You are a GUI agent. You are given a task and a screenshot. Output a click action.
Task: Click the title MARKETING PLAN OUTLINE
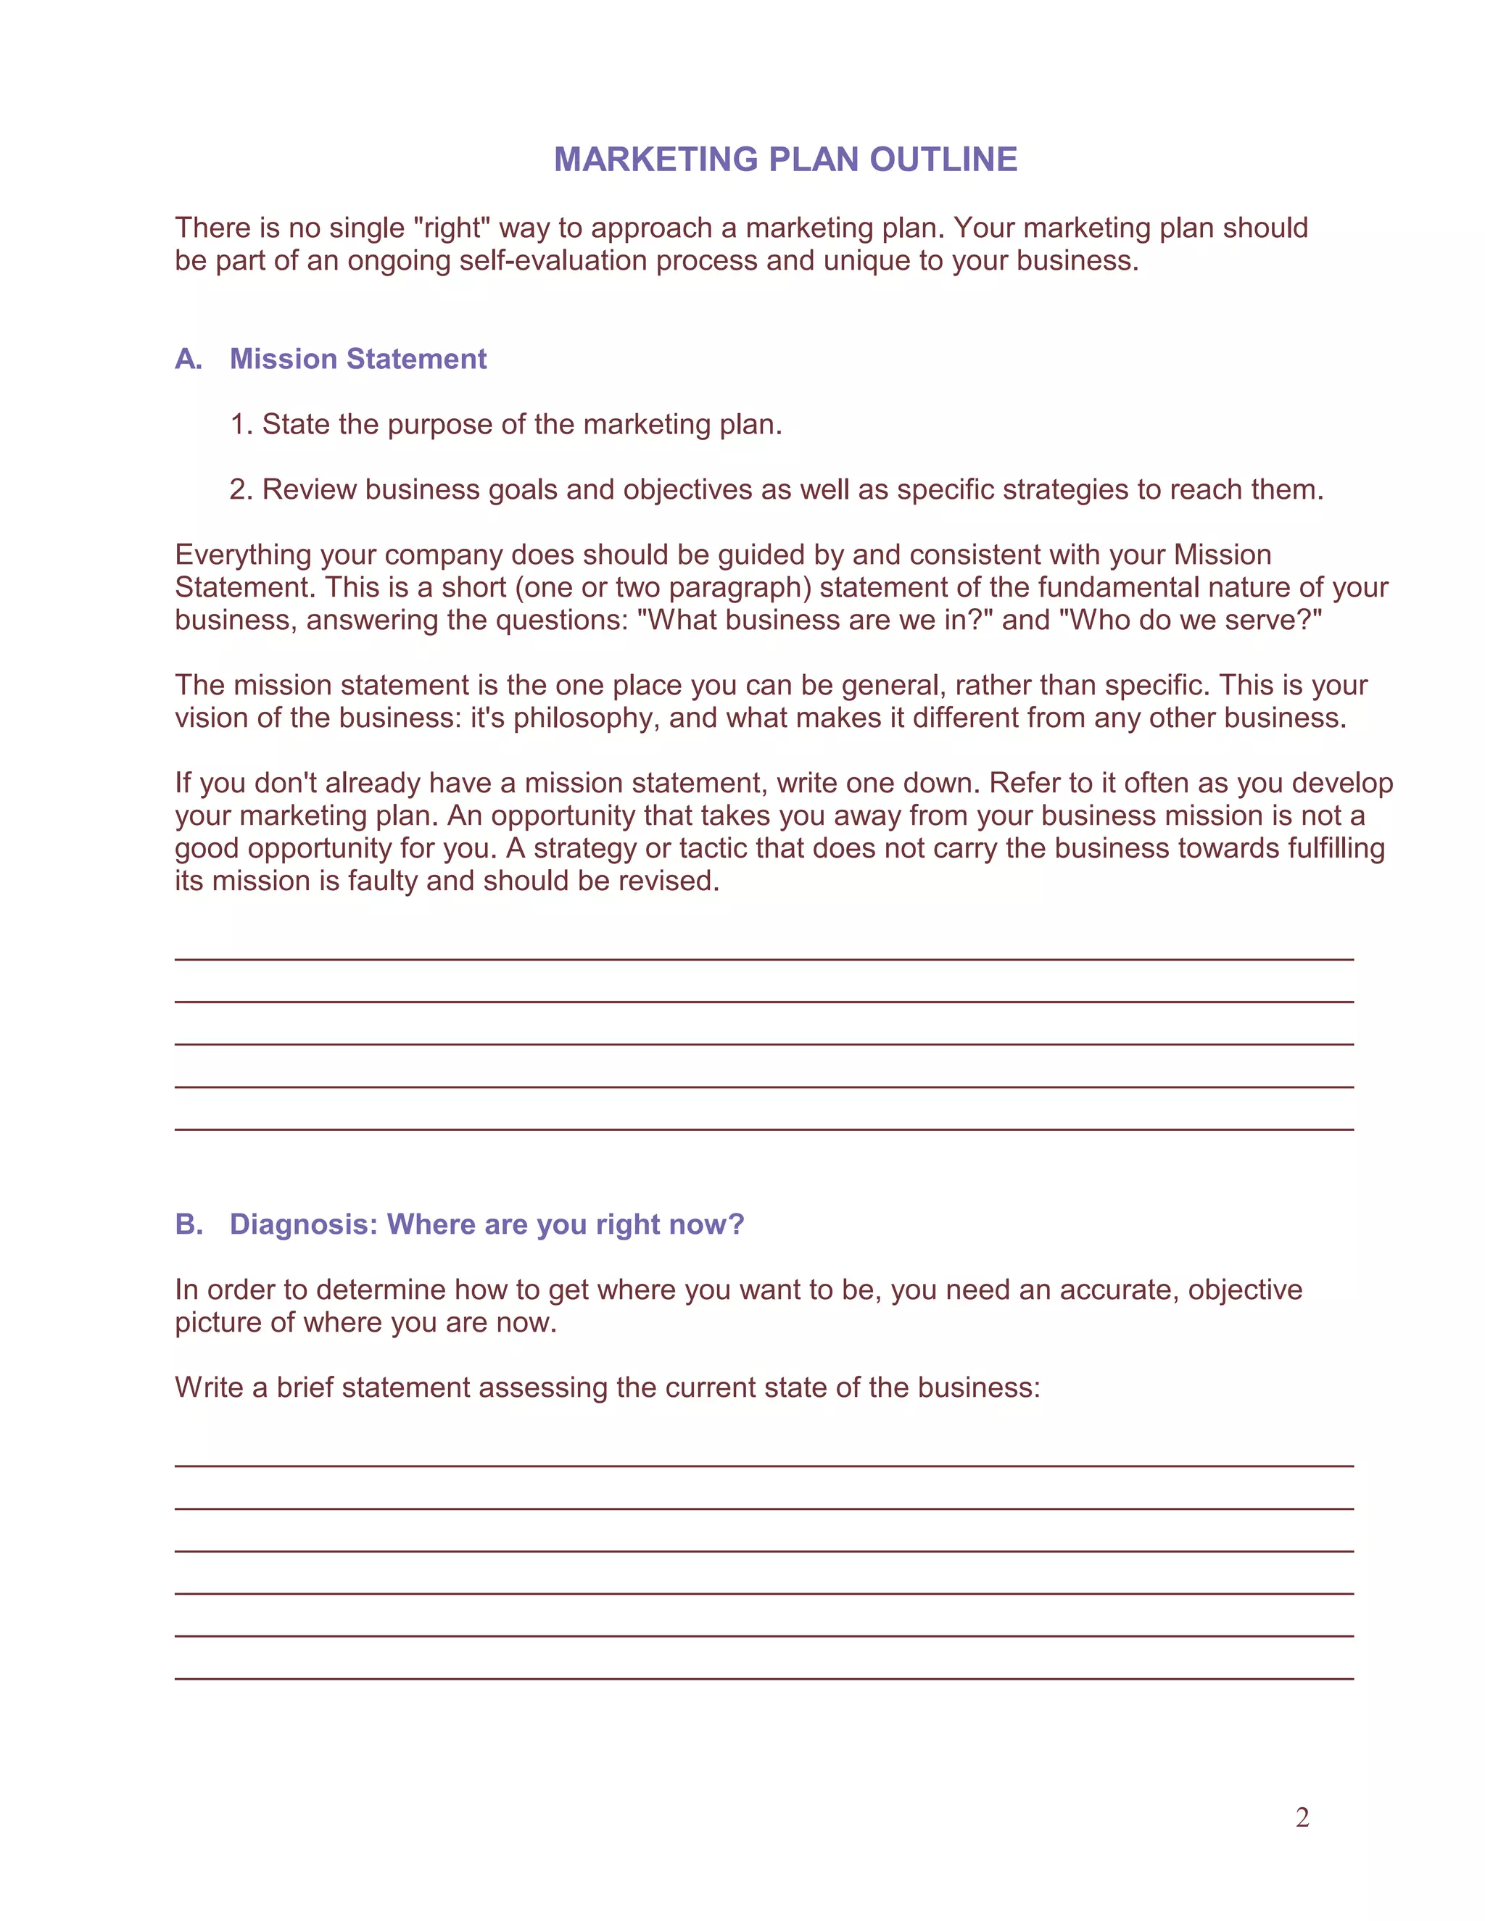click(x=785, y=159)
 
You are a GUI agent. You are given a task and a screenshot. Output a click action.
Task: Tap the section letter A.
click(x=189, y=359)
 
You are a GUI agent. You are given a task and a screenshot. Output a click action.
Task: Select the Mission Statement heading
click(x=357, y=359)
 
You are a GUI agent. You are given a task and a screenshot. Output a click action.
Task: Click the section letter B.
click(x=189, y=1224)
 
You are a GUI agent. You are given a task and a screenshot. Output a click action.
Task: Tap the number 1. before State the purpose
click(x=241, y=424)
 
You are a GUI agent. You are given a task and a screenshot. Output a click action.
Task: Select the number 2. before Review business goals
click(x=241, y=489)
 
